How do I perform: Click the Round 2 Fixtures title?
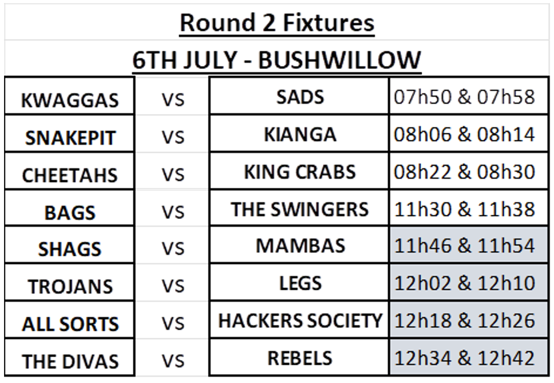tap(277, 23)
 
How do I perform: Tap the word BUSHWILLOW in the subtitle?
tap(339, 60)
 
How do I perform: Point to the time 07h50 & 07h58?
tap(464, 97)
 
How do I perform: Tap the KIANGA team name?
tap(300, 134)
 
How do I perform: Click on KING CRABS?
tap(300, 172)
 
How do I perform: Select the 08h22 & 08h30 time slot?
tap(464, 172)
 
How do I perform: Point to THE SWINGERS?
tap(300, 210)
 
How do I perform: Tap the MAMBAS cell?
tap(300, 246)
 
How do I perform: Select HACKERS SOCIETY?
tap(300, 321)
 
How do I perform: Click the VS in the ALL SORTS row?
tap(173, 323)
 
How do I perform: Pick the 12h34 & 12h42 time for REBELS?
tap(464, 358)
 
